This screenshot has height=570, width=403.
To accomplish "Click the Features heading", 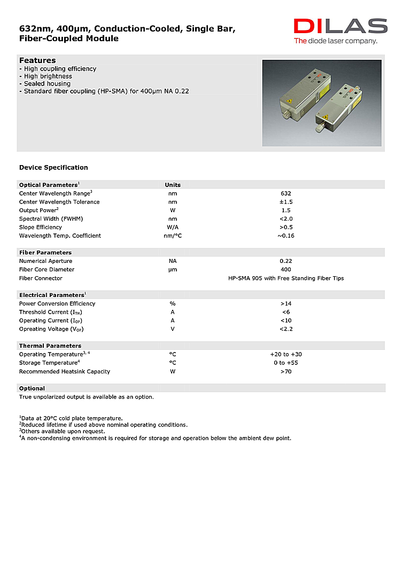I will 37,60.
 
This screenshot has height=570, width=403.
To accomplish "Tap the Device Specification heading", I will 53,168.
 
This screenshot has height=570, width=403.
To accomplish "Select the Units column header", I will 173,185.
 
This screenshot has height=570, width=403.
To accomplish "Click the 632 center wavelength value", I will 285,193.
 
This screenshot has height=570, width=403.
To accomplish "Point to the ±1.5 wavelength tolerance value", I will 285,202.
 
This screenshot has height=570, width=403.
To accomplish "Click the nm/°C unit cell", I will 173,236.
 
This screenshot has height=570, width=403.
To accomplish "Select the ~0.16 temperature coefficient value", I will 285,236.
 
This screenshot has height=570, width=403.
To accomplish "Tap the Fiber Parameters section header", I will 45,253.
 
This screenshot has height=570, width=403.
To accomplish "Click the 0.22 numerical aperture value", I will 285,261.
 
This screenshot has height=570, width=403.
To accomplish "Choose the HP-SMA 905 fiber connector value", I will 285,278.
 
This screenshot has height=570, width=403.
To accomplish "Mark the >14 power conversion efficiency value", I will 285,303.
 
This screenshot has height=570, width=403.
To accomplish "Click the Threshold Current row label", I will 50,312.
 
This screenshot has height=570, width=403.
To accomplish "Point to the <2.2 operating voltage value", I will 285,329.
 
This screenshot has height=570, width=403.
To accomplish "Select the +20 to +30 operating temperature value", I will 285,354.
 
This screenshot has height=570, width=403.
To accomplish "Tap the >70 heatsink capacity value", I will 285,371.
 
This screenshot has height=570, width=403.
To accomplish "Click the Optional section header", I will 32,388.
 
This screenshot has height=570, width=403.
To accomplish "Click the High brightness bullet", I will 48,76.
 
